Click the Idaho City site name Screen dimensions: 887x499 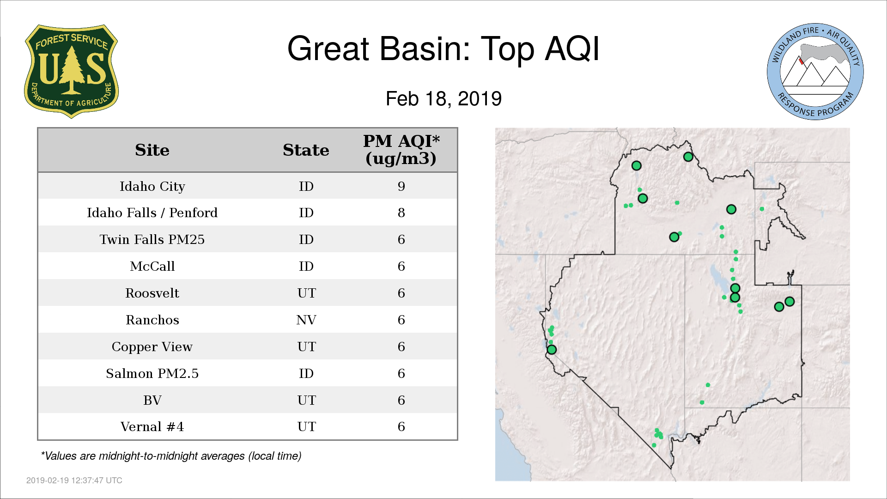pyautogui.click(x=152, y=186)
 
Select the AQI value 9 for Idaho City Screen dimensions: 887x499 pyautogui.click(x=401, y=186)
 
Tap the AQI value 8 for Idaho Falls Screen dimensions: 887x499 pyautogui.click(x=401, y=213)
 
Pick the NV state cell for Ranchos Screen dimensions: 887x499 pyautogui.click(x=306, y=320)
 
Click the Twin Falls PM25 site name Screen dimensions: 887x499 pyautogui.click(x=152, y=239)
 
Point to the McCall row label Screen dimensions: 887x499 pyautogui.click(x=152, y=266)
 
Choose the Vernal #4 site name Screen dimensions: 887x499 pyautogui.click(x=152, y=426)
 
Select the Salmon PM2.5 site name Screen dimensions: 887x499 pyautogui.click(x=152, y=373)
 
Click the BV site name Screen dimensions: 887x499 pyautogui.click(x=152, y=400)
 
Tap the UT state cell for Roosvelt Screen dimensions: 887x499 pyautogui.click(x=307, y=293)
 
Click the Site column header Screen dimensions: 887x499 pyautogui.click(x=152, y=150)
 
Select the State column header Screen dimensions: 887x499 pyautogui.click(x=306, y=150)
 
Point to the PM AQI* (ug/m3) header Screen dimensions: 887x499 pyautogui.click(x=401, y=150)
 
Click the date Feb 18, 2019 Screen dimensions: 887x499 pyautogui.click(x=444, y=99)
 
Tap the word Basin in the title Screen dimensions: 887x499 pyautogui.click(x=425, y=49)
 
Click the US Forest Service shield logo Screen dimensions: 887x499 pyautogui.click(x=72, y=72)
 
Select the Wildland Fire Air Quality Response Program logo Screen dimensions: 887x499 pyautogui.click(x=815, y=72)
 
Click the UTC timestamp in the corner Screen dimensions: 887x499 pyautogui.click(x=74, y=481)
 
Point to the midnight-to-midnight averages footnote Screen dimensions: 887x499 pyautogui.click(x=171, y=456)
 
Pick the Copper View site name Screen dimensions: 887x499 pyautogui.click(x=152, y=347)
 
